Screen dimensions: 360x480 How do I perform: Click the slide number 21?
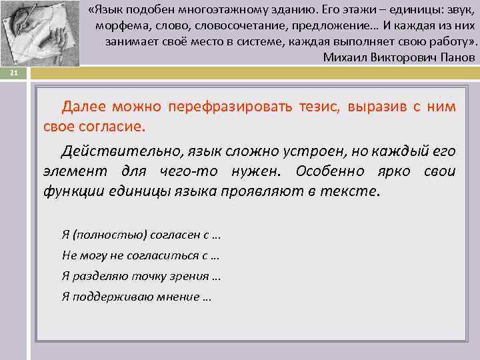(13, 73)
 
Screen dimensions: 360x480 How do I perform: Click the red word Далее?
(85, 107)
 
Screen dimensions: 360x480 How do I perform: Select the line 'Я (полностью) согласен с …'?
(141, 234)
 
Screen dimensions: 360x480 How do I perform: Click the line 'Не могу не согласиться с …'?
(141, 255)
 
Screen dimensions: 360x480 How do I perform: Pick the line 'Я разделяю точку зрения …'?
(141, 276)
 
